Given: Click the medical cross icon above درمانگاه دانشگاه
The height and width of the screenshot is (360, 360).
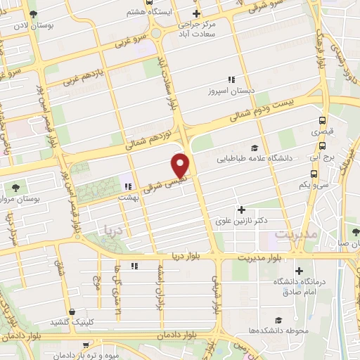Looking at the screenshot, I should point(299,271).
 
